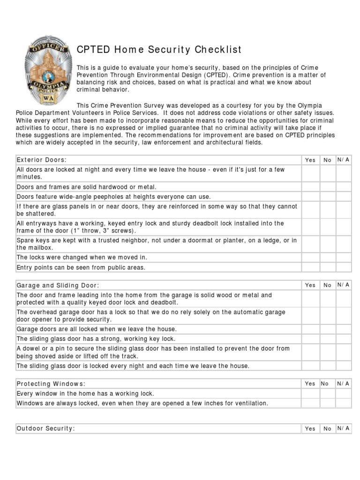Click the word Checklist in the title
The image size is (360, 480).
[218, 50]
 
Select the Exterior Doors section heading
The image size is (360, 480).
[42, 160]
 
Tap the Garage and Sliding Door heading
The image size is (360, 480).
[58, 285]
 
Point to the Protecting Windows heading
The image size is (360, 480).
[51, 384]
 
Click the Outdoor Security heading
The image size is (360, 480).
[46, 428]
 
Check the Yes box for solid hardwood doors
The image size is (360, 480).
[310, 187]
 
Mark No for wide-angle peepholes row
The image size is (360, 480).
[327, 197]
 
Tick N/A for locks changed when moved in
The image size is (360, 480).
[343, 257]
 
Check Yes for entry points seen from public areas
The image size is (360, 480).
[310, 267]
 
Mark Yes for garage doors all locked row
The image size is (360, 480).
[310, 329]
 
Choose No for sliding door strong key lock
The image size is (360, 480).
[327, 338]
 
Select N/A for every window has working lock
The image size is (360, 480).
[343, 394]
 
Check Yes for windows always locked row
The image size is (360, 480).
[310, 403]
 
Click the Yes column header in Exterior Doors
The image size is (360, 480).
[310, 160]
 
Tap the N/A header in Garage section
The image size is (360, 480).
[343, 285]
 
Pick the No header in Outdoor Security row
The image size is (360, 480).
[327, 428]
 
